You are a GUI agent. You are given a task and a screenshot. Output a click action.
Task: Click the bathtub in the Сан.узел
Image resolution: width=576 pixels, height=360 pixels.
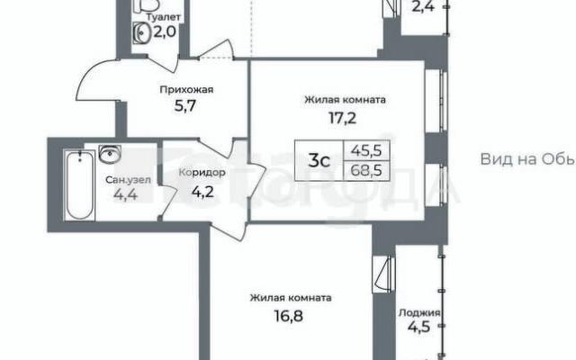tap(80, 185)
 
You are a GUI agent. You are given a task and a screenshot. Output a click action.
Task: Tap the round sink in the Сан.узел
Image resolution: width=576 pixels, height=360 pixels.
tap(110, 154)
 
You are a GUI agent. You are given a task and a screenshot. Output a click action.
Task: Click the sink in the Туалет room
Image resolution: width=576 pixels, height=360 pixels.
tap(140, 32)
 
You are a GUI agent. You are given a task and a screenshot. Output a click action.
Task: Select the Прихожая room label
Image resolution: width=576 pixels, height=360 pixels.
tap(186, 90)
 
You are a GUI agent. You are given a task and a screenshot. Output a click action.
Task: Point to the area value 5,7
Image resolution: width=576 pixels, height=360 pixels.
tap(185, 106)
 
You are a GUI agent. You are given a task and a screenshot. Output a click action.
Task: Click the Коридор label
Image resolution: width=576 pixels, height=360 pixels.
tap(202, 172)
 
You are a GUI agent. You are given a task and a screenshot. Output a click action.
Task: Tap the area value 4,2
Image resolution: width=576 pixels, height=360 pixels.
tap(202, 192)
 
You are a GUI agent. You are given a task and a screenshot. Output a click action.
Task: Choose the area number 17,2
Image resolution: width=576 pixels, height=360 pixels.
tap(342, 118)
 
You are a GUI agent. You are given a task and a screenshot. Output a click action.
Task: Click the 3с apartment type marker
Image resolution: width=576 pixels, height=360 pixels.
tap(319, 161)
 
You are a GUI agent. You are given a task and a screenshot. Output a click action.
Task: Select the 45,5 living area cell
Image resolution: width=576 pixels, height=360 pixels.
tap(366, 150)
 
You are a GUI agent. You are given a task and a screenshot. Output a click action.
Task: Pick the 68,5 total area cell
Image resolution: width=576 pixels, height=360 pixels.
tap(366, 170)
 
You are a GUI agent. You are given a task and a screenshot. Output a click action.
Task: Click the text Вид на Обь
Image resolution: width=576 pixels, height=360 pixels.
tap(527, 159)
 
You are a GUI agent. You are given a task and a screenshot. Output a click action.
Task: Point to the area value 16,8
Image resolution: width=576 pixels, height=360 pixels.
tap(289, 316)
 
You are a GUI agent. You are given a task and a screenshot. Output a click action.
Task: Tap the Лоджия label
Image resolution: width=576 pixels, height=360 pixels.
tap(419, 312)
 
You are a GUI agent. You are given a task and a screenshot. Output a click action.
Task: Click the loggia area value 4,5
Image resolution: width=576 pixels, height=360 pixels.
tap(419, 327)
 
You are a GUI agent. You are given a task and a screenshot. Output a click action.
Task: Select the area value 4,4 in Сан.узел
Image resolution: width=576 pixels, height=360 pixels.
tap(126, 194)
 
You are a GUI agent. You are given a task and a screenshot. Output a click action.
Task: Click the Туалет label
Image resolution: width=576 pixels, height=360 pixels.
tap(163, 17)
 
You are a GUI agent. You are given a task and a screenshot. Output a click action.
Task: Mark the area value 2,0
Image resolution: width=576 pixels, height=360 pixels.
tap(165, 32)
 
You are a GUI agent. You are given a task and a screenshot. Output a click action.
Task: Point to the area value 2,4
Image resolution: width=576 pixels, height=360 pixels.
tap(423, 6)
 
